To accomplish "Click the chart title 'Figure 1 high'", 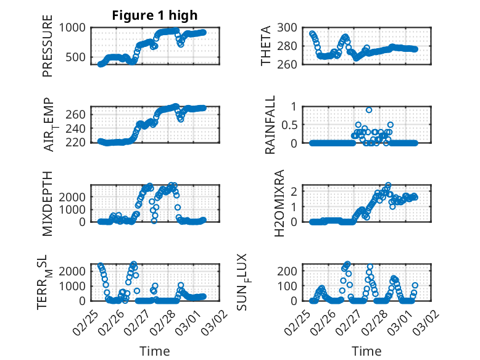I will pos(155,15).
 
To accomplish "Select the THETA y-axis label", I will pos(267,46).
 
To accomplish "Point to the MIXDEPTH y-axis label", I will pos(48,203).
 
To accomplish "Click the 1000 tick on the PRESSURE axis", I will pos(75,27).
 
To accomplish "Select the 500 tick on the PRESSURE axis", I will pos(78,57).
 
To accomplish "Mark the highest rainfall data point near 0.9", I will pos(369,110).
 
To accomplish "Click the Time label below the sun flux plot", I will pos(367,351).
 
